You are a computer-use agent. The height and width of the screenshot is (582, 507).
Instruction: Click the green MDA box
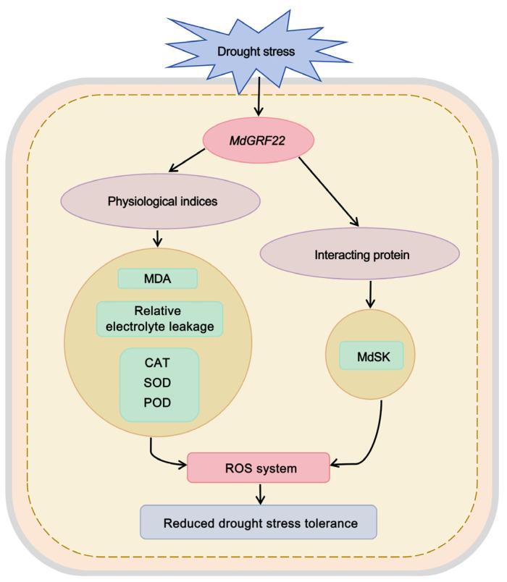pyautogui.click(x=159, y=279)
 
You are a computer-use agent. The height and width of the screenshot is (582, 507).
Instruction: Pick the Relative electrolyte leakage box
pyautogui.click(x=159, y=319)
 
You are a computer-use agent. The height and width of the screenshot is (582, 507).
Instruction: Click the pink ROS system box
pyautogui.click(x=258, y=468)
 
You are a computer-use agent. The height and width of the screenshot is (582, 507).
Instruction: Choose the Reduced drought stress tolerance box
pyautogui.click(x=259, y=523)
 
